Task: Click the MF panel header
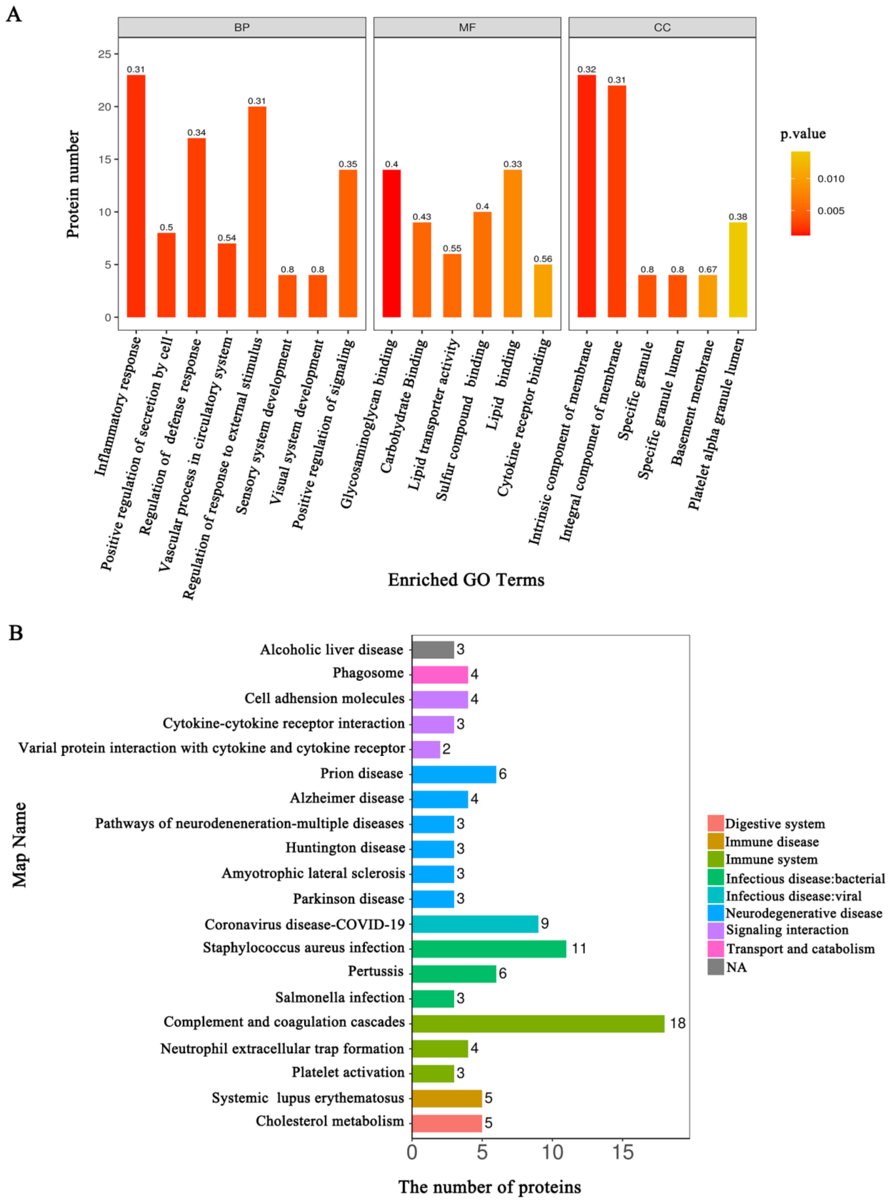pyautogui.click(x=467, y=27)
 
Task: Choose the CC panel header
pyautogui.click(x=662, y=27)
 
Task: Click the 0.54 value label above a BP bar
pyautogui.click(x=227, y=238)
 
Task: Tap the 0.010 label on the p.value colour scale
pyautogui.click(x=831, y=179)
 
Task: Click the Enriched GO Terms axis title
pyautogui.click(x=466, y=580)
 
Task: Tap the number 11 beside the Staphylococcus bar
pyautogui.click(x=578, y=949)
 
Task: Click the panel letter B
pyautogui.click(x=16, y=633)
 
